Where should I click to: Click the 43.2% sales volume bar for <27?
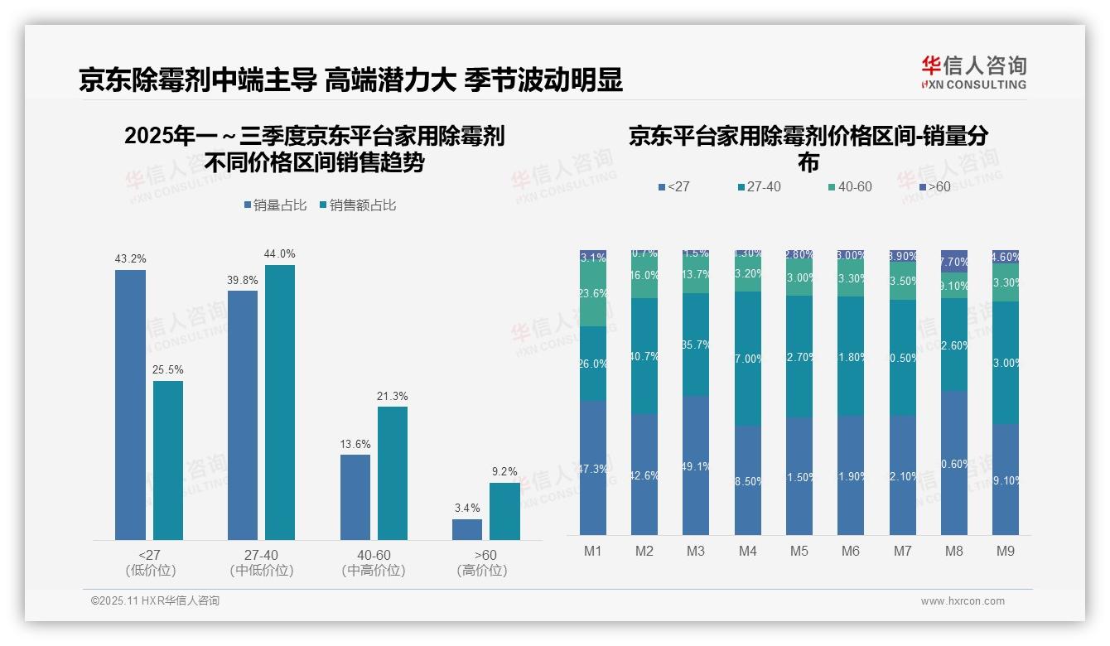(x=130, y=405)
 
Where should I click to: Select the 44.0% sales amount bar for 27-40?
(x=280, y=403)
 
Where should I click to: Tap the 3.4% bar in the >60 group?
(x=466, y=529)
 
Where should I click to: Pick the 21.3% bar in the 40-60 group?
(x=393, y=473)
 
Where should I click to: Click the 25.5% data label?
(x=168, y=370)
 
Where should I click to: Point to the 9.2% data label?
(x=504, y=472)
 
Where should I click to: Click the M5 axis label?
(x=799, y=551)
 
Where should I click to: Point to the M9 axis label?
(x=1005, y=551)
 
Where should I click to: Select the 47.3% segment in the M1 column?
(x=593, y=468)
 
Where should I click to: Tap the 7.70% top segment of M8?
(x=953, y=261)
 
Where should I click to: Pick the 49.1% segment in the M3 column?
(x=696, y=465)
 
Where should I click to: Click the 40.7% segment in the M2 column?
(x=644, y=356)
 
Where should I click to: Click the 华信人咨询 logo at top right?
(x=973, y=72)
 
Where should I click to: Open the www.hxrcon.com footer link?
(x=963, y=601)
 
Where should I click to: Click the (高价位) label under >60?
(x=481, y=571)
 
